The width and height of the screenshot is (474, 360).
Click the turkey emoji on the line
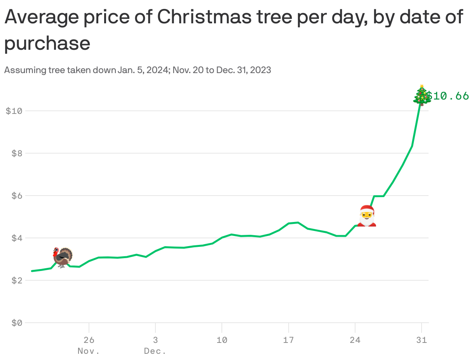[63, 257]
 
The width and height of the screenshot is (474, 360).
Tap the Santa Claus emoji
[367, 216]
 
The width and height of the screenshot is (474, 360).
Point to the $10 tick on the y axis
[14, 111]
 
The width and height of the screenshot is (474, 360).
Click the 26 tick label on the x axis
[89, 340]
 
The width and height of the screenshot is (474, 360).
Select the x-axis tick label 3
[155, 340]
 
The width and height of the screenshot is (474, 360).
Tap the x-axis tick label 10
[222, 340]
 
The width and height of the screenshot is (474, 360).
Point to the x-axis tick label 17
[288, 340]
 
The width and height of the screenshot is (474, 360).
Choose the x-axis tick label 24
[355, 340]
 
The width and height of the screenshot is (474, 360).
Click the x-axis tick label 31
[422, 340]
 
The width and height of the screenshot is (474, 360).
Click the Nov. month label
[89, 351]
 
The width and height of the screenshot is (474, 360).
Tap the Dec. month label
[155, 351]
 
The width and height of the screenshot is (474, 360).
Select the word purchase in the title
[47, 44]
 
